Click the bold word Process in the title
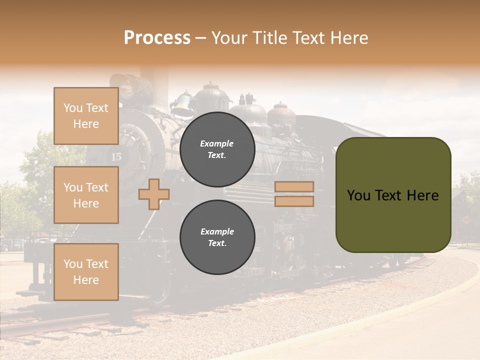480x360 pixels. [x=157, y=38]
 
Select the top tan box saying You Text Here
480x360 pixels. [x=86, y=116]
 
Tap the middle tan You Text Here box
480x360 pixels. [x=86, y=195]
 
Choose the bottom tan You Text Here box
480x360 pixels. [x=86, y=272]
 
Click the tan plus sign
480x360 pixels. [x=154, y=194]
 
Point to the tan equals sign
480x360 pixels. [x=294, y=194]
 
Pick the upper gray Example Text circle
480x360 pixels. [x=217, y=149]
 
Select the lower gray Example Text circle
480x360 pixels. [x=217, y=237]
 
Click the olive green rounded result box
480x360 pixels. [x=393, y=194]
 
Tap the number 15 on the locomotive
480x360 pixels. [x=116, y=157]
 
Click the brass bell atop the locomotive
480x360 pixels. [x=183, y=104]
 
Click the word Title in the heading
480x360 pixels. [x=270, y=38]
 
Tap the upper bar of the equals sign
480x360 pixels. [x=294, y=187]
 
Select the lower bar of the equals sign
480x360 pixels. [x=294, y=201]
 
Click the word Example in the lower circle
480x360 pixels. [x=217, y=231]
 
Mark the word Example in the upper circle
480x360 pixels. [x=217, y=143]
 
